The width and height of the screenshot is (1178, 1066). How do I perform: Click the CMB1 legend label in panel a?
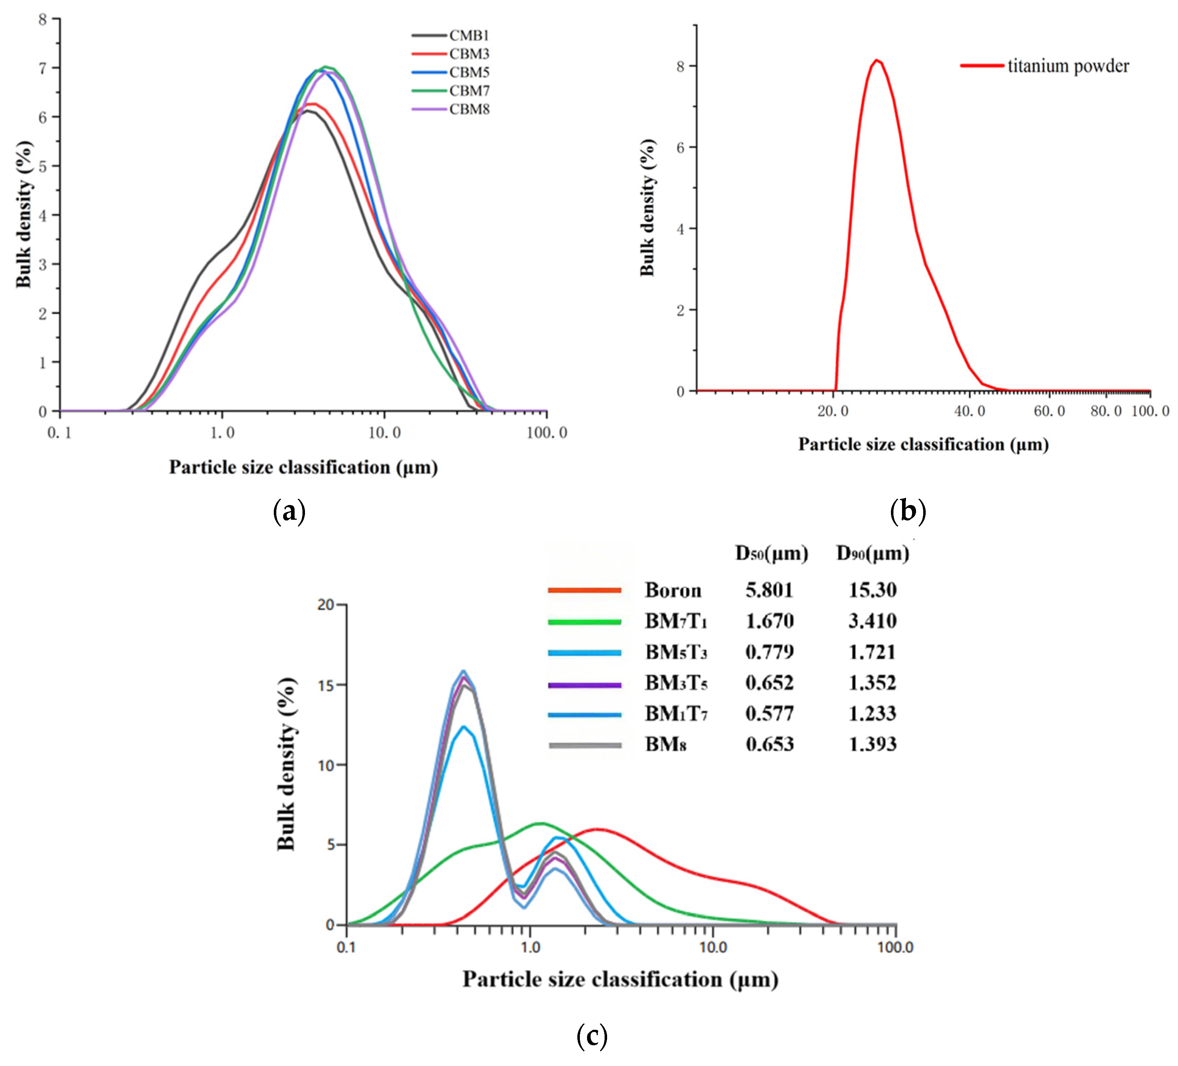[x=469, y=35]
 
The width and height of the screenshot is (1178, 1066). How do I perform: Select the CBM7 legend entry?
[x=469, y=91]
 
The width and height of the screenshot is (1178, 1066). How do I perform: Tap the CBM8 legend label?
[x=469, y=109]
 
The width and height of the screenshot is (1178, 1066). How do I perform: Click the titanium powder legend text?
[x=1068, y=66]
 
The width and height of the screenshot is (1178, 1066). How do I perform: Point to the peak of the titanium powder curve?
[x=877, y=60]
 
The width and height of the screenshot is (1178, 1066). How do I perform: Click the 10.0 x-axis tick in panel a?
[x=385, y=433]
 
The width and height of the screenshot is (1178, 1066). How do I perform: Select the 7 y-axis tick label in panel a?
[x=42, y=68]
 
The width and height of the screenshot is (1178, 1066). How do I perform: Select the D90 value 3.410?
[x=872, y=621]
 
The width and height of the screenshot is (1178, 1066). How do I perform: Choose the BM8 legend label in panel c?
[x=666, y=744]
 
